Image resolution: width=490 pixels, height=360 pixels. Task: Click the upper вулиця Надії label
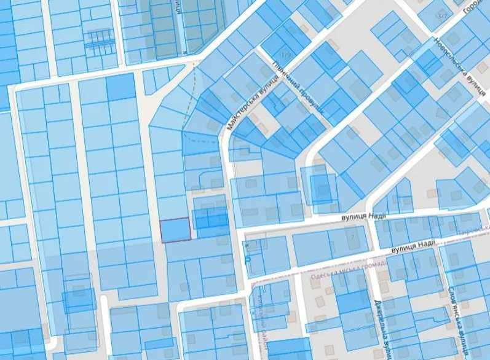click(x=362, y=216)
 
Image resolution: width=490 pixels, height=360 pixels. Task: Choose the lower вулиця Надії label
click(x=413, y=246)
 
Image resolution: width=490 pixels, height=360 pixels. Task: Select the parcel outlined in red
click(x=175, y=230)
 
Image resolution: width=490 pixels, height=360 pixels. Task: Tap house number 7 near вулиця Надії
click(x=352, y=234)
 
